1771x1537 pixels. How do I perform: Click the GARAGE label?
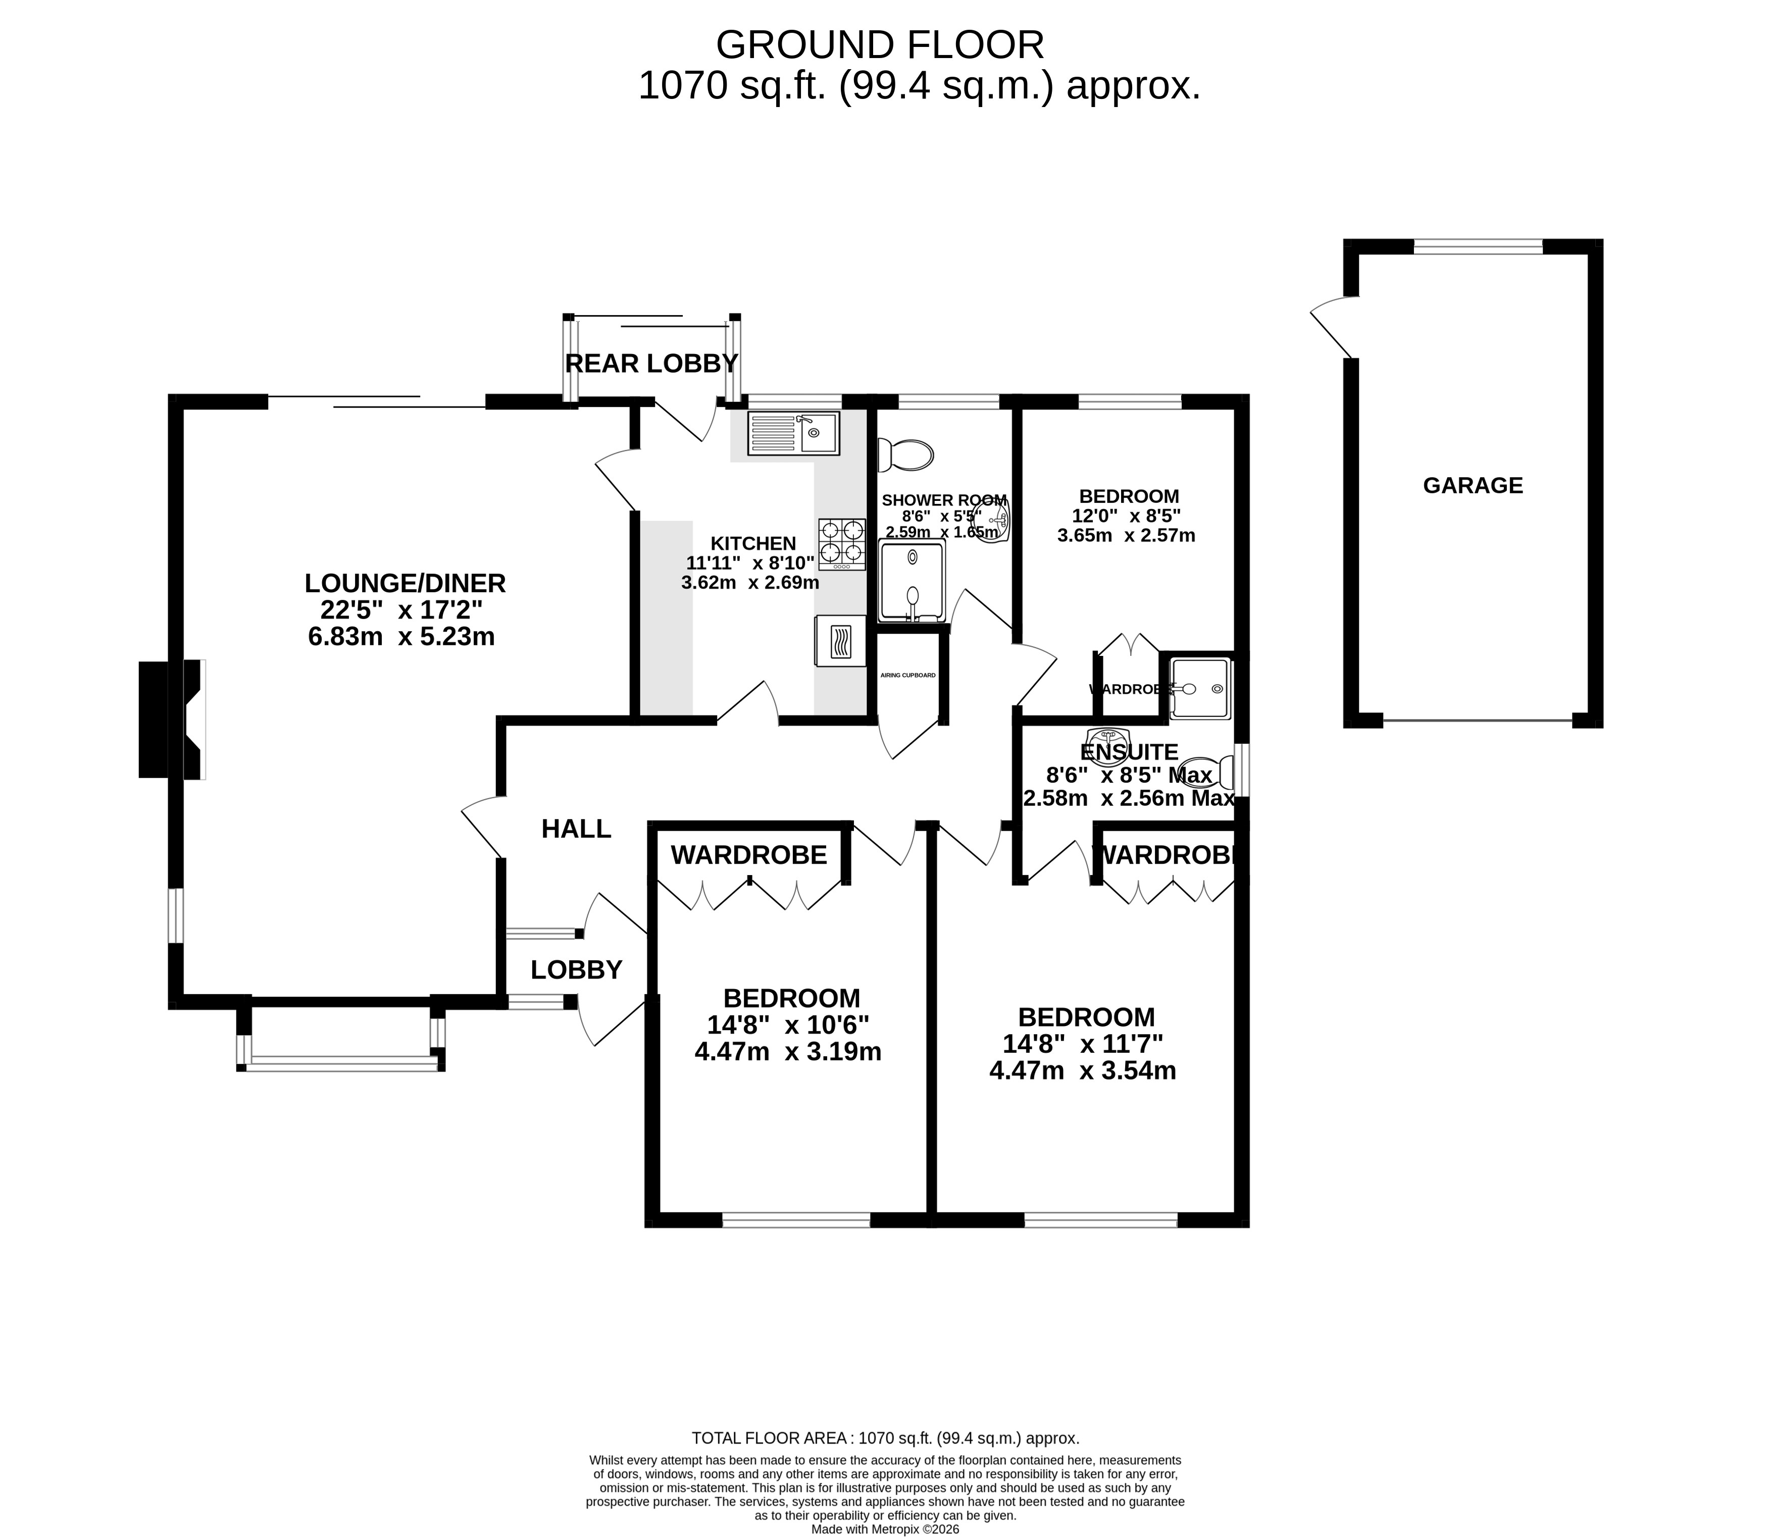(1473, 485)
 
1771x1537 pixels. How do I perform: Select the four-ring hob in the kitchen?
(841, 544)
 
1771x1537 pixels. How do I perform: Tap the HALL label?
(576, 829)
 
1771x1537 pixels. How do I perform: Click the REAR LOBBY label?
(651, 364)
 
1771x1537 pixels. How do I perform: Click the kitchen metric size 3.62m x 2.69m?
(749, 583)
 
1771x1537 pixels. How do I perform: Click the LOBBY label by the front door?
(576, 970)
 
